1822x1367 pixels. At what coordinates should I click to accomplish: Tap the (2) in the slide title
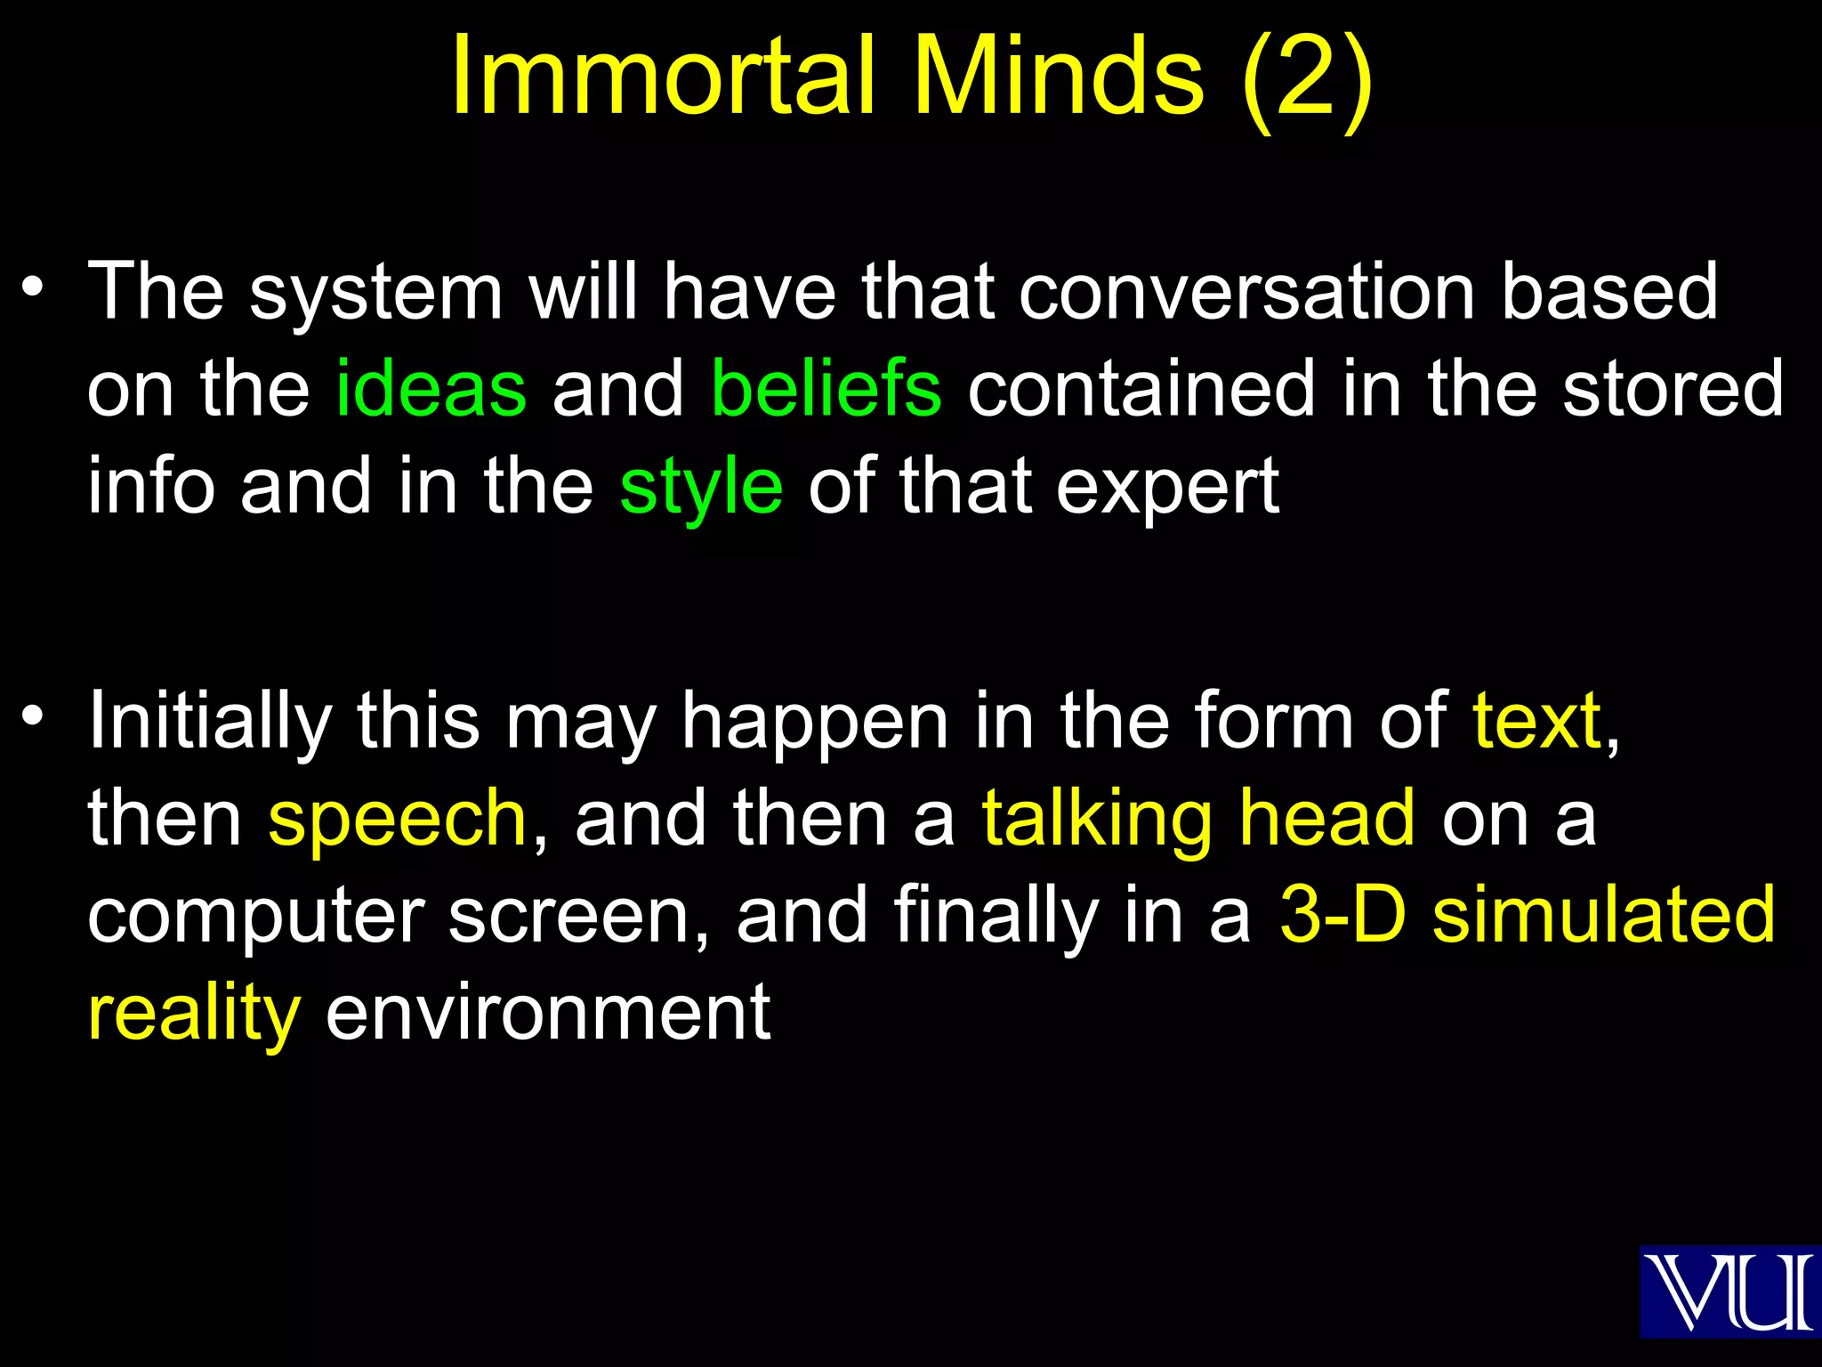(x=1306, y=78)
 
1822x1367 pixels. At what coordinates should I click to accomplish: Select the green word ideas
(x=431, y=389)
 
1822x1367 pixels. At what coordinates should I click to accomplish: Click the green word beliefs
(x=826, y=389)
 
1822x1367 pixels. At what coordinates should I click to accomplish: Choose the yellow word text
(x=1536, y=720)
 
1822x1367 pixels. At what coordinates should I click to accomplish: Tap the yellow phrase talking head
(x=1197, y=819)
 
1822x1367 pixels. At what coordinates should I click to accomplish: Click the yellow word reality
(x=194, y=1015)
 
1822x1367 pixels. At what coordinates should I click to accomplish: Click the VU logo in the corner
(x=1729, y=1291)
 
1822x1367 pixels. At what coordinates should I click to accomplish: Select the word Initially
(x=210, y=722)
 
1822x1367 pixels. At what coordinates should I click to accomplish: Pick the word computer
(x=255, y=917)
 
